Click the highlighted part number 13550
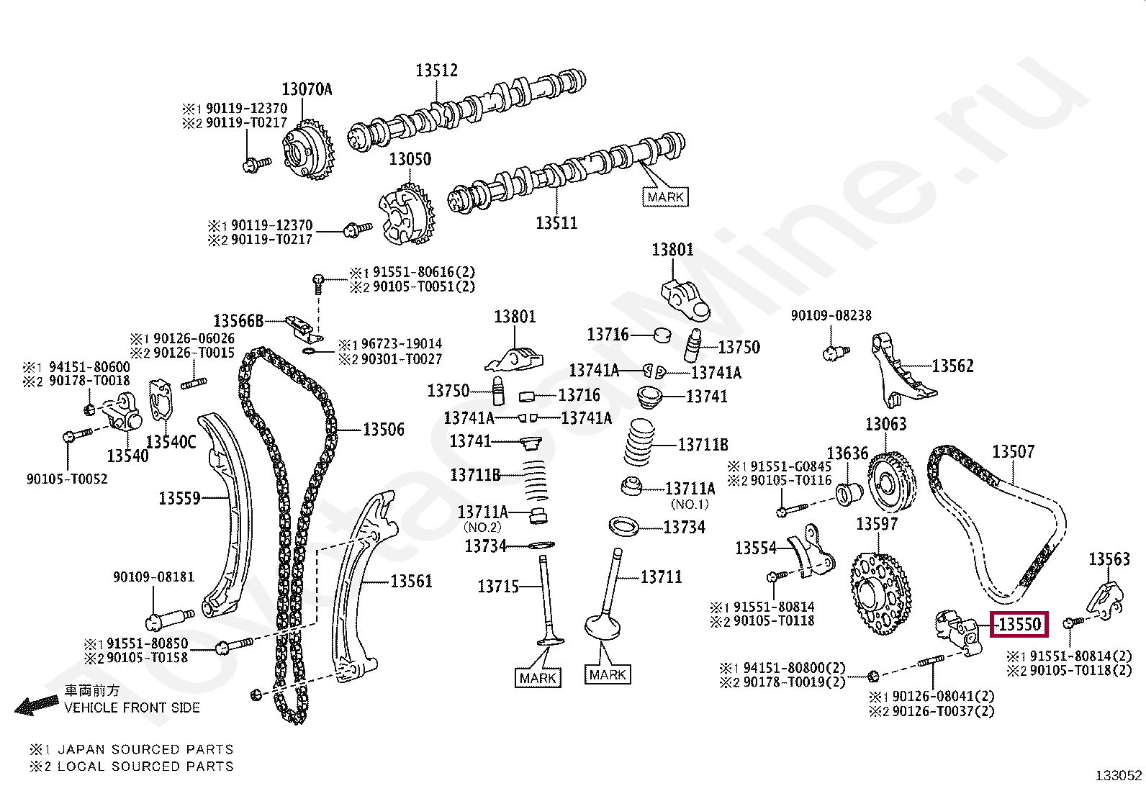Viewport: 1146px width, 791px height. pos(1019,624)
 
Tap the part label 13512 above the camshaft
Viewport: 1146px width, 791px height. pos(436,71)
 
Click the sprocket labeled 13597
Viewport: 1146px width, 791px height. pos(880,593)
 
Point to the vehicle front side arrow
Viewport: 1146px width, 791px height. pos(36,706)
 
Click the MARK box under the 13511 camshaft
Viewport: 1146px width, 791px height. pos(665,196)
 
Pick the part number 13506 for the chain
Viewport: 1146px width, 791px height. pos(383,430)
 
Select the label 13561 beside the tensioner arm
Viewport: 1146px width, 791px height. pos(411,581)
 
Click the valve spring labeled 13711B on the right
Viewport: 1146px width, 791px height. pos(639,443)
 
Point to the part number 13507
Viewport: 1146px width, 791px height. pos(1013,451)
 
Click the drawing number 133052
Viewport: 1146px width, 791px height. pos(1118,775)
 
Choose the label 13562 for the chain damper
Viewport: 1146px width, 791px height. pos(952,366)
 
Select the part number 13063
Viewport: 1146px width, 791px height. pos(885,424)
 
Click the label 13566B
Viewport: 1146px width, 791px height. pos(238,321)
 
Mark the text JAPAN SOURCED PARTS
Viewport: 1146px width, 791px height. pos(145,749)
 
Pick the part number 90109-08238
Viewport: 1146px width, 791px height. pos(831,315)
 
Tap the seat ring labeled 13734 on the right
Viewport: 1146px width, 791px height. pos(623,526)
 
